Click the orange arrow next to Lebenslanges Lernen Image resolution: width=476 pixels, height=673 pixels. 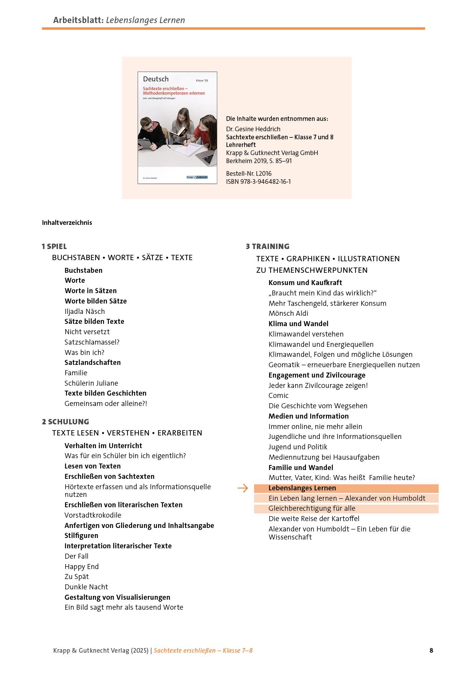[x=243, y=488]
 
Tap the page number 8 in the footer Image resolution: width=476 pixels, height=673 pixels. [x=431, y=650]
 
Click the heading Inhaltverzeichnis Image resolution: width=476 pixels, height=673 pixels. [x=67, y=223]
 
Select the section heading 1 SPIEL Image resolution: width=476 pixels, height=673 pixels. [x=54, y=246]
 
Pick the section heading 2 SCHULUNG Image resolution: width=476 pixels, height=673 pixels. [x=65, y=422]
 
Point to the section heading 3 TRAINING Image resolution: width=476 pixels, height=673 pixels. [x=268, y=246]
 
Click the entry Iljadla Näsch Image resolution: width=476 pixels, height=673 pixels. [x=84, y=311]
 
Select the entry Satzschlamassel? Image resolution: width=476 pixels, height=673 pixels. [x=92, y=342]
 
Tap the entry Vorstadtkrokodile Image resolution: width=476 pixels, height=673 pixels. [x=93, y=515]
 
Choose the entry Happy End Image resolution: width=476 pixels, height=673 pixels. [x=81, y=566]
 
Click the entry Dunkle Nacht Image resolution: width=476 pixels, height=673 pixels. [x=86, y=587]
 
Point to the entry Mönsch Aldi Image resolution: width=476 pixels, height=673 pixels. [x=288, y=313]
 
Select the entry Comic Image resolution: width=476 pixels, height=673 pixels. [x=278, y=395]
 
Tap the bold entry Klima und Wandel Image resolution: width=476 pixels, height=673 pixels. [x=298, y=323]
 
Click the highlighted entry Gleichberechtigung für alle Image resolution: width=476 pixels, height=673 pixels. [x=312, y=508]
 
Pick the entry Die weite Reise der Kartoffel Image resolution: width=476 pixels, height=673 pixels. [x=314, y=519]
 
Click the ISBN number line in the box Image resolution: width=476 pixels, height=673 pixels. [x=258, y=181]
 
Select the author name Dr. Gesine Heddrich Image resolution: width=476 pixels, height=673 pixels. [x=253, y=129]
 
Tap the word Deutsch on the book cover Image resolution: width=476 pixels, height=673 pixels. [x=155, y=79]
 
